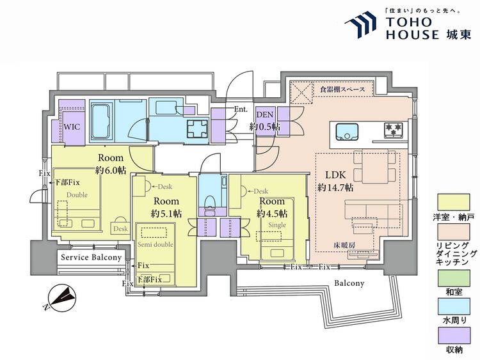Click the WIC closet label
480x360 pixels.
[70, 126]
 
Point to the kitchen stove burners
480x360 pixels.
[394, 131]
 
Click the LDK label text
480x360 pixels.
[334, 175]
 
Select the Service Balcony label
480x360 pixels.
[91, 257]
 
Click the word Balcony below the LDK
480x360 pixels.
[349, 283]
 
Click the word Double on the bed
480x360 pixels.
[77, 194]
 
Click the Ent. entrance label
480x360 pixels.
[241, 109]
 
